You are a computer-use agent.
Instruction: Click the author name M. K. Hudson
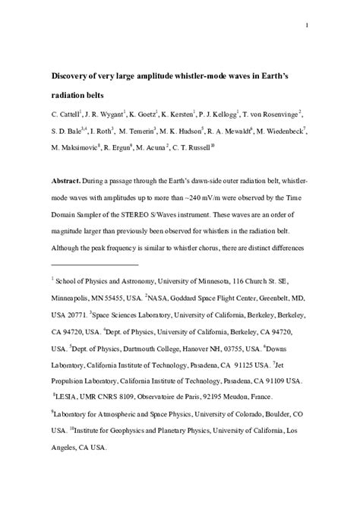click(179, 131)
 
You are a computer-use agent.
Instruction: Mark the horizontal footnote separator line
click(96, 265)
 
